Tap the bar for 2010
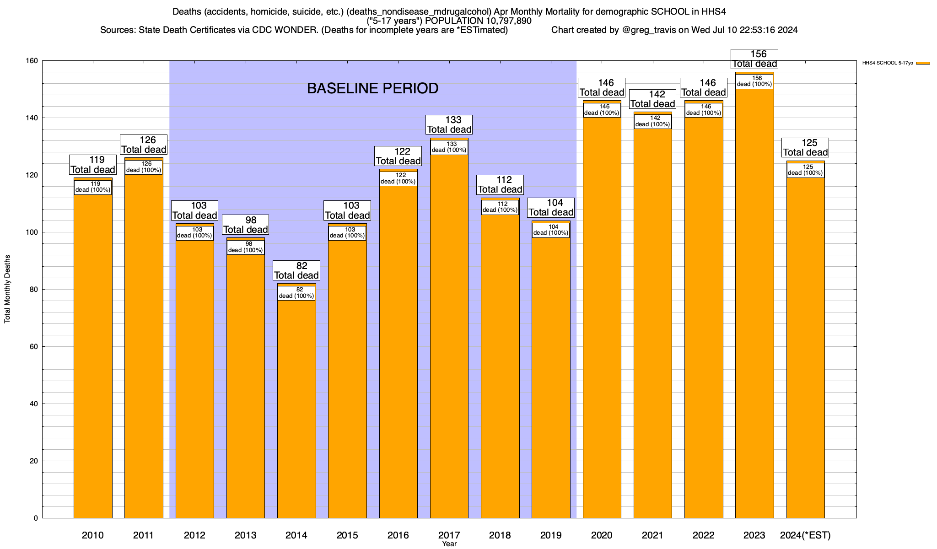coord(93,357)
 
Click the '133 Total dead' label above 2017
coord(449,124)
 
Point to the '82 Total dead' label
coord(296,270)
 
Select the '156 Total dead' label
coord(754,59)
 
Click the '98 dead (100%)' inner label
coord(246,247)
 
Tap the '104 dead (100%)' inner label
coord(551,230)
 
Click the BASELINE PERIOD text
coord(372,88)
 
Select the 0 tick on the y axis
coord(36,518)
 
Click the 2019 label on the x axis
coord(551,535)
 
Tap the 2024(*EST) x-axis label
coord(805,535)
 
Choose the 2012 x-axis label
coord(194,535)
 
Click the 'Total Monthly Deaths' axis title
coord(7,289)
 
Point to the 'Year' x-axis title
coord(449,544)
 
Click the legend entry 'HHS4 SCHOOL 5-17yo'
coord(888,63)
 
